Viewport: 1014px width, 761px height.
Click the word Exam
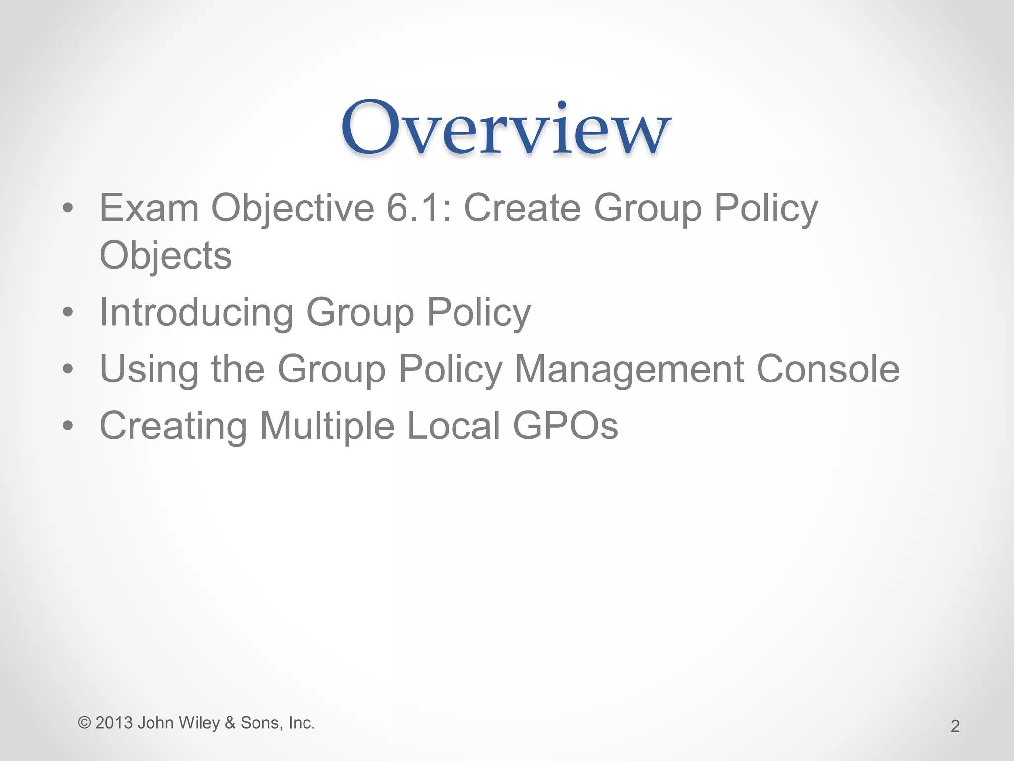pyautogui.click(x=149, y=208)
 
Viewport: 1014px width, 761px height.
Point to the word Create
pyautogui.click(x=522, y=208)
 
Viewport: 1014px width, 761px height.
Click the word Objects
pyautogui.click(x=165, y=256)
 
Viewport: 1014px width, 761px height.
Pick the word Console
pyautogui.click(x=828, y=369)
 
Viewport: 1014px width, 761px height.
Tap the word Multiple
pyautogui.click(x=327, y=427)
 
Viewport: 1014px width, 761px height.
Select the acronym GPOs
pyautogui.click(x=566, y=426)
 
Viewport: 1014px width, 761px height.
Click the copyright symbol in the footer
pyautogui.click(x=84, y=723)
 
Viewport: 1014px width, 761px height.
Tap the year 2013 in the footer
pyautogui.click(x=114, y=723)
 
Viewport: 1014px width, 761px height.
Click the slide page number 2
pyautogui.click(x=955, y=726)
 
